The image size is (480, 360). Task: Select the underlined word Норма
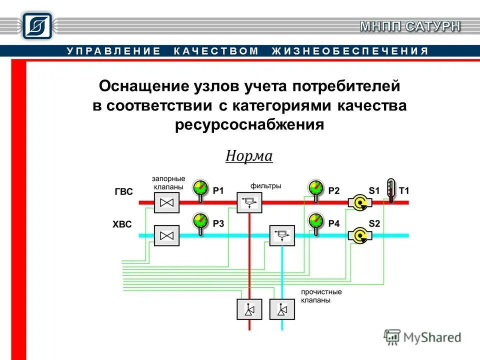248,156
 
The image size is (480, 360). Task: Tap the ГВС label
123,191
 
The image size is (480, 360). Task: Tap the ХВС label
122,224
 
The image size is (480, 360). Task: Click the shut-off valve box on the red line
166,202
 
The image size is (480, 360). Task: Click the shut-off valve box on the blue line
166,235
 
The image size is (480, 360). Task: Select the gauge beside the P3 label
200,221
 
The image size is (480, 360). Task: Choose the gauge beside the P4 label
315,221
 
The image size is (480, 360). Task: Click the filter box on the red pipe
249,202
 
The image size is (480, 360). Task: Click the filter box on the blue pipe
282,235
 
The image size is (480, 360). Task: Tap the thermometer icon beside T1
390,190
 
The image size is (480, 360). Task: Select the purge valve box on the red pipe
249,309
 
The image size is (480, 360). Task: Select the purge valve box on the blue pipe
282,309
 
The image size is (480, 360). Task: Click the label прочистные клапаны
321,296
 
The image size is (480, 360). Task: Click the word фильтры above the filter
265,185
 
